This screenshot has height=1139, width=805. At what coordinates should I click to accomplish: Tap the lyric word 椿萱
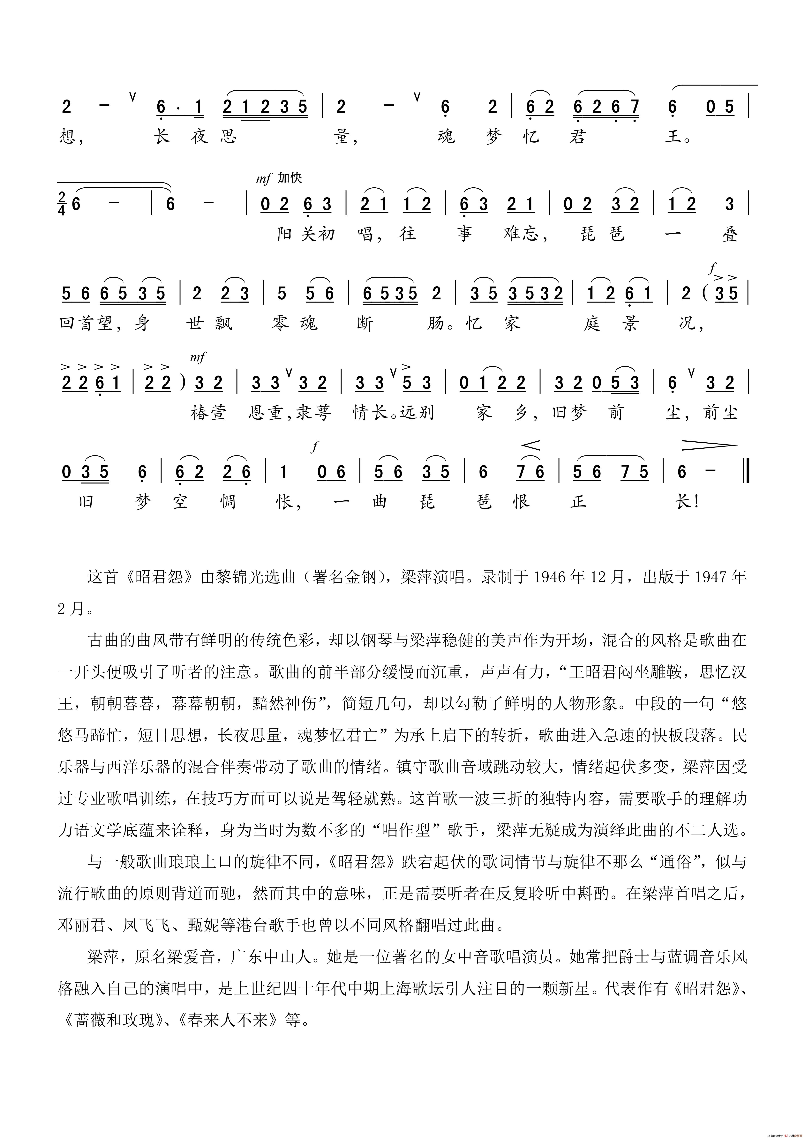208,413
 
